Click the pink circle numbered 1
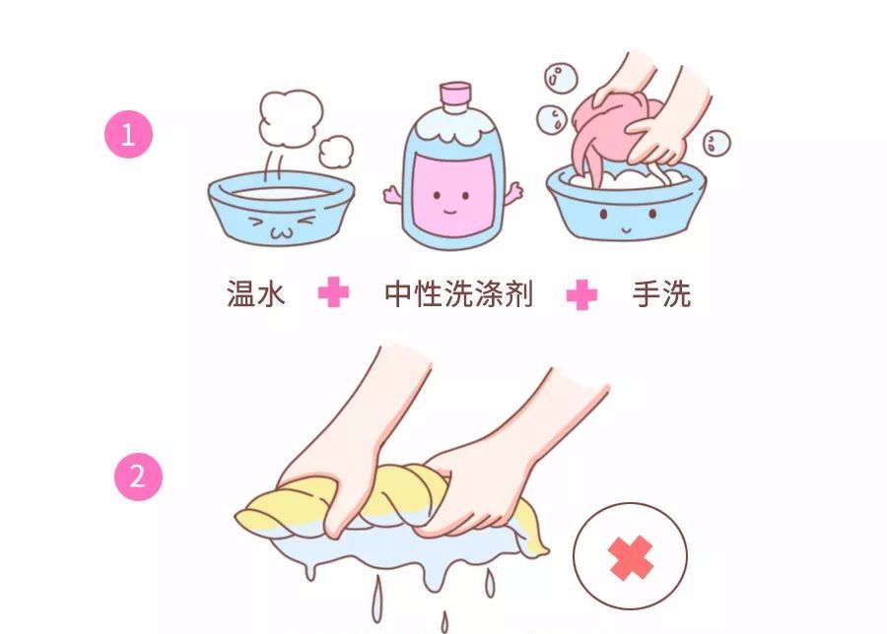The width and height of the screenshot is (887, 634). [128, 135]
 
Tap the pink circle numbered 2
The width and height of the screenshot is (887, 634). [137, 476]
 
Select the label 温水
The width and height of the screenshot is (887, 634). [255, 293]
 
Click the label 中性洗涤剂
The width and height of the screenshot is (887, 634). [457, 293]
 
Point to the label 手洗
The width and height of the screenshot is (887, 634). [661, 293]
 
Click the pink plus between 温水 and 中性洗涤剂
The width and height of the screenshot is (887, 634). [333, 293]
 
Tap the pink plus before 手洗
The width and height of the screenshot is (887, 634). [582, 294]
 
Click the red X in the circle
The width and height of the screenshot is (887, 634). [631, 559]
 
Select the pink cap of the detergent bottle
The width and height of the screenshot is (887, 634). [454, 95]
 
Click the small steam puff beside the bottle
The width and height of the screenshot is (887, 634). [338, 149]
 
